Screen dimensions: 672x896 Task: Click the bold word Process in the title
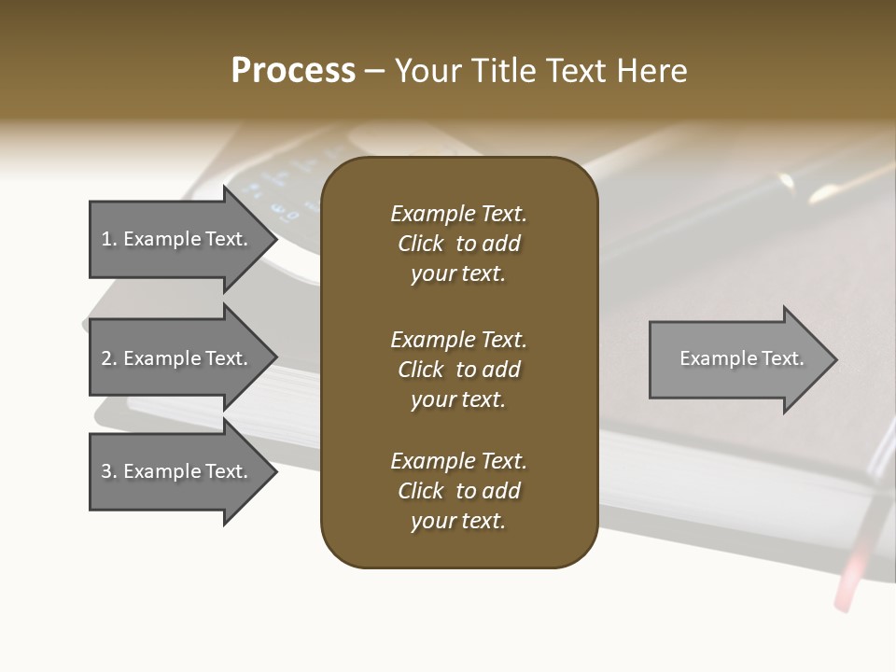tap(293, 71)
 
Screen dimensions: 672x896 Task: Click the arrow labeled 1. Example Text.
tap(177, 239)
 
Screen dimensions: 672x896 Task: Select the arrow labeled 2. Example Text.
tap(177, 358)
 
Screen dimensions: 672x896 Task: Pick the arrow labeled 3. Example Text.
tap(177, 471)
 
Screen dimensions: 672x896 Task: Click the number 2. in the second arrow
tap(109, 358)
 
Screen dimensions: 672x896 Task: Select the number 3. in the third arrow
tap(109, 471)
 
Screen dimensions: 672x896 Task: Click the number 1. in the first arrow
tap(109, 239)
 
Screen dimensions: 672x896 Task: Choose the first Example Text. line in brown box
tap(458, 214)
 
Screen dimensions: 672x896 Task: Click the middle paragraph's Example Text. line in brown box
tap(458, 340)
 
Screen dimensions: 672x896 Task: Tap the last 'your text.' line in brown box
tap(458, 522)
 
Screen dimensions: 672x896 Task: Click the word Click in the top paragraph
tap(420, 244)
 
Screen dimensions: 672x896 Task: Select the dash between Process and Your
tap(374, 72)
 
